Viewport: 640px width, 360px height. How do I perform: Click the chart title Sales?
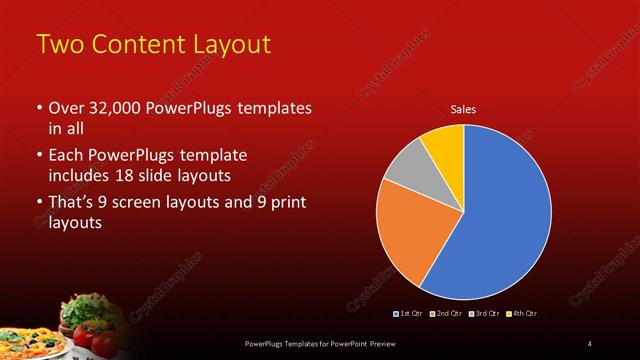pyautogui.click(x=463, y=109)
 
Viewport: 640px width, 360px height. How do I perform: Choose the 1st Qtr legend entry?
pyautogui.click(x=409, y=314)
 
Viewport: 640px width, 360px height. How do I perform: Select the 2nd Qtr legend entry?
pyautogui.click(x=445, y=314)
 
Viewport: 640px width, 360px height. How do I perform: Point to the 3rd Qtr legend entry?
pyautogui.click(x=484, y=314)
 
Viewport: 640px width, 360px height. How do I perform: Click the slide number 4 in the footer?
pyautogui.click(x=590, y=344)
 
